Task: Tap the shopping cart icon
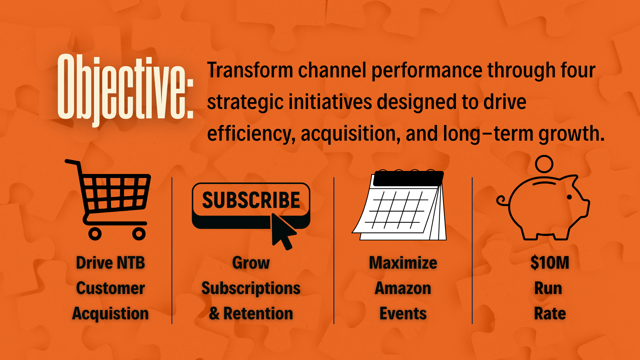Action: click(108, 200)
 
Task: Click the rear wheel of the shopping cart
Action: click(95, 234)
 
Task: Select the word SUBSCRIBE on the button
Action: click(251, 200)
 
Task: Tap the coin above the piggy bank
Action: click(544, 164)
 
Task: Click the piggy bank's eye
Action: click(569, 197)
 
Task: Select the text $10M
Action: click(550, 263)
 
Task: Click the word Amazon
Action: click(403, 288)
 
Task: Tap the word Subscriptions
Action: click(251, 289)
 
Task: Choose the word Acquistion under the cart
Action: click(110, 314)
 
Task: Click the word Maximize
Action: click(403, 263)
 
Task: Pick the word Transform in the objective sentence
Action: click(250, 70)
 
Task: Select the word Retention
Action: click(258, 313)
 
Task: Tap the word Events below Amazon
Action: click(403, 313)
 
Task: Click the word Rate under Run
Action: click(550, 313)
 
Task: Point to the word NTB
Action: click(128, 263)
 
